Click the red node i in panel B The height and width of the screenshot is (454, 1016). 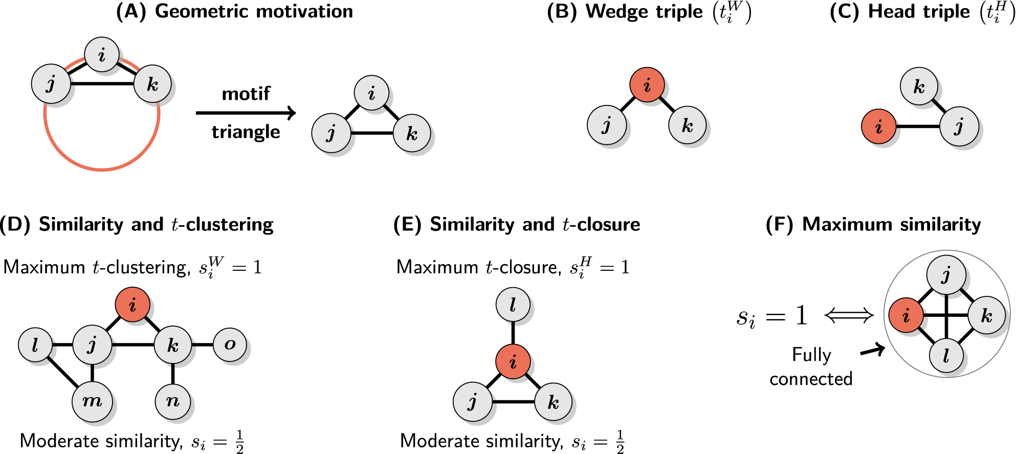647,84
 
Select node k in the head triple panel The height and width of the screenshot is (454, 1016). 919,86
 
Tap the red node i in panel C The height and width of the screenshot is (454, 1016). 878,126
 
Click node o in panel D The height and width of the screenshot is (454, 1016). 230,344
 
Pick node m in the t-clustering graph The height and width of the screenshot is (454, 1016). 92,401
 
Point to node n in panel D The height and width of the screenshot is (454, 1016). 173,401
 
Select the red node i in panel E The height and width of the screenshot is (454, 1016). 513,361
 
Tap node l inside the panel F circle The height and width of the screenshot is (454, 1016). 946,356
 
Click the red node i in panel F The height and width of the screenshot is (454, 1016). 905,315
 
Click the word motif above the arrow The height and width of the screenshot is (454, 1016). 246,94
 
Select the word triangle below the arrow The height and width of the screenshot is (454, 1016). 246,132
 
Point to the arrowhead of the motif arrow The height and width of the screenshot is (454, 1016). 292,113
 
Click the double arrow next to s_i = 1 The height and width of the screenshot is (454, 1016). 849,315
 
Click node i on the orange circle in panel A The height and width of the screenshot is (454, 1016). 102,54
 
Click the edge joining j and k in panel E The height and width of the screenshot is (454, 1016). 513,402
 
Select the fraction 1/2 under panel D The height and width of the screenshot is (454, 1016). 239,441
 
